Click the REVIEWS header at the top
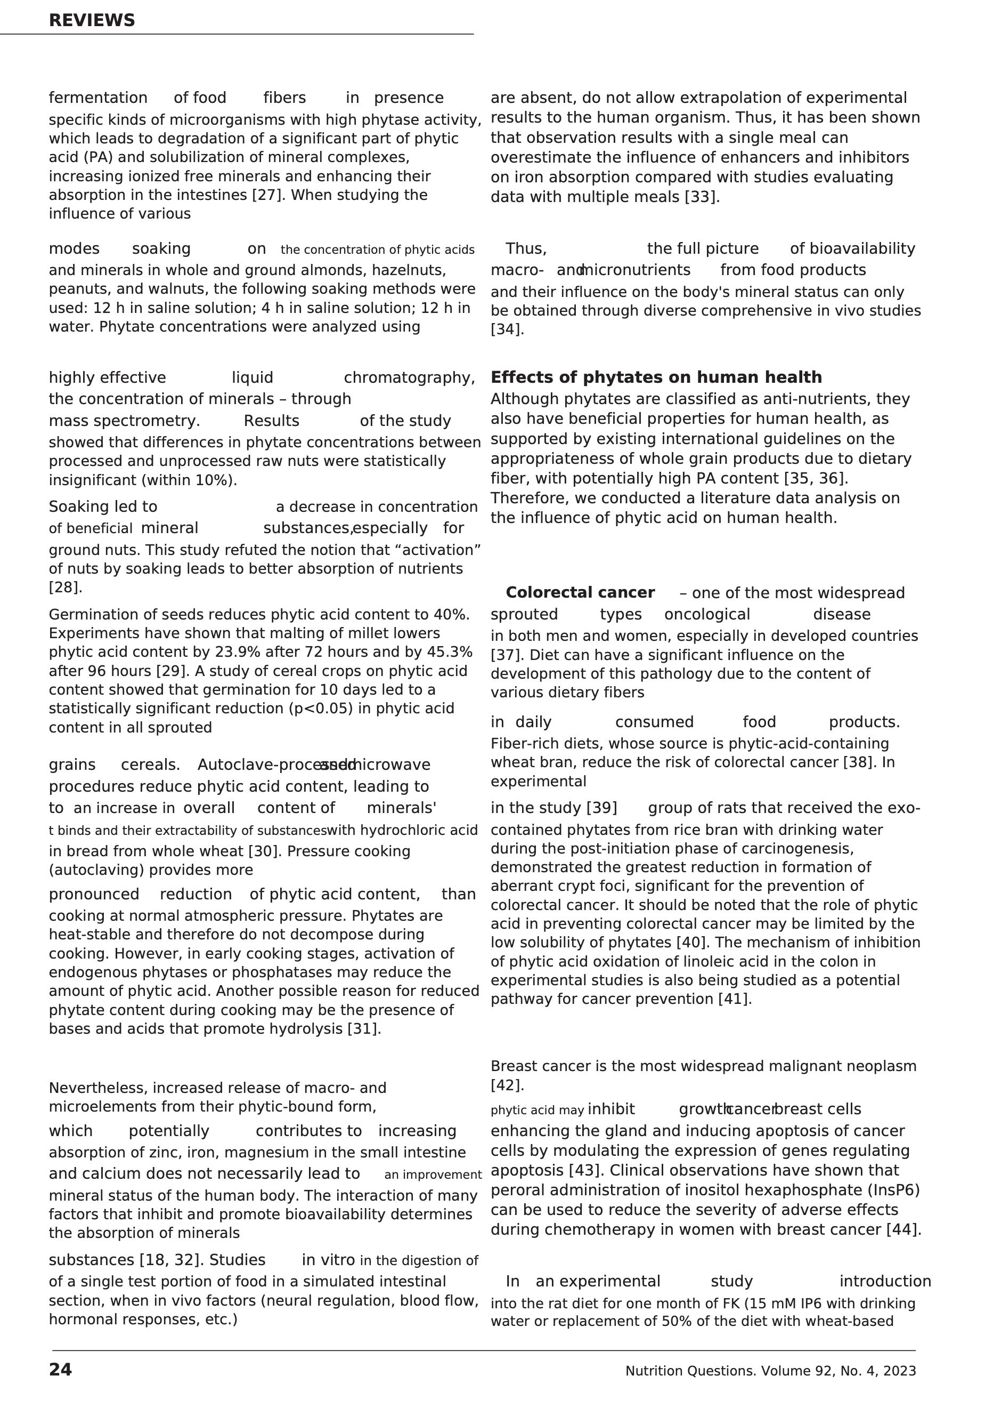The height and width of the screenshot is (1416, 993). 91,20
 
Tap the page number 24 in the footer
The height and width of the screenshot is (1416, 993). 60,1370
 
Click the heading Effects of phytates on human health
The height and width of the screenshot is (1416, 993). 656,377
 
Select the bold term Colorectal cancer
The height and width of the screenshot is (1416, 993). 580,593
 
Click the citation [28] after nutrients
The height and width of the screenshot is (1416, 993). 64,587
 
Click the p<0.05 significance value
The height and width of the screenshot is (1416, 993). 321,709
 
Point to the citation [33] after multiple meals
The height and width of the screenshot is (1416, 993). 702,197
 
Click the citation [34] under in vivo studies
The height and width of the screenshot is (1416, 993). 507,330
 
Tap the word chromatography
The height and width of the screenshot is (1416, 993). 409,377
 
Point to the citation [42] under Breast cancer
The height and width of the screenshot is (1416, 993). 507,1085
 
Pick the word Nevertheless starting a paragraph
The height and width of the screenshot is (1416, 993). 98,1088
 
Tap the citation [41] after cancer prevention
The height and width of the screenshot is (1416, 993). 735,999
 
